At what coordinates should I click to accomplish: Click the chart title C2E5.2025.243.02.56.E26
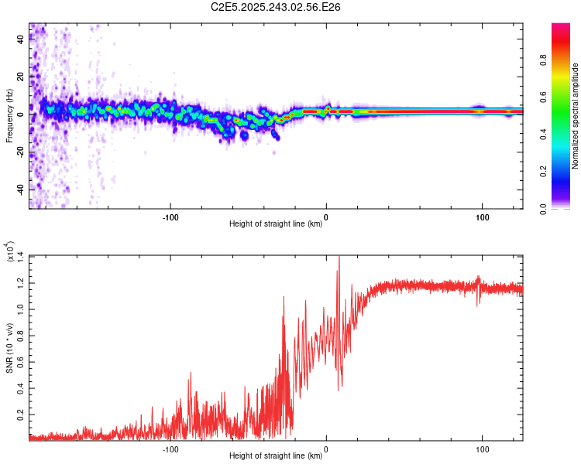pos(277,7)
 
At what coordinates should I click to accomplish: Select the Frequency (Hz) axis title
pos(9,116)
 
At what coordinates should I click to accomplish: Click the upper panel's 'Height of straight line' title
pos(276,224)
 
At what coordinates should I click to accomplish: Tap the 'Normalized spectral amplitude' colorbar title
pos(575,116)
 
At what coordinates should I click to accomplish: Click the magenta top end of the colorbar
pos(561,26)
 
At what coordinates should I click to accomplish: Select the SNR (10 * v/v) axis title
pos(9,348)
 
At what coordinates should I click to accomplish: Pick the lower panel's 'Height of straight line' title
pos(276,456)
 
